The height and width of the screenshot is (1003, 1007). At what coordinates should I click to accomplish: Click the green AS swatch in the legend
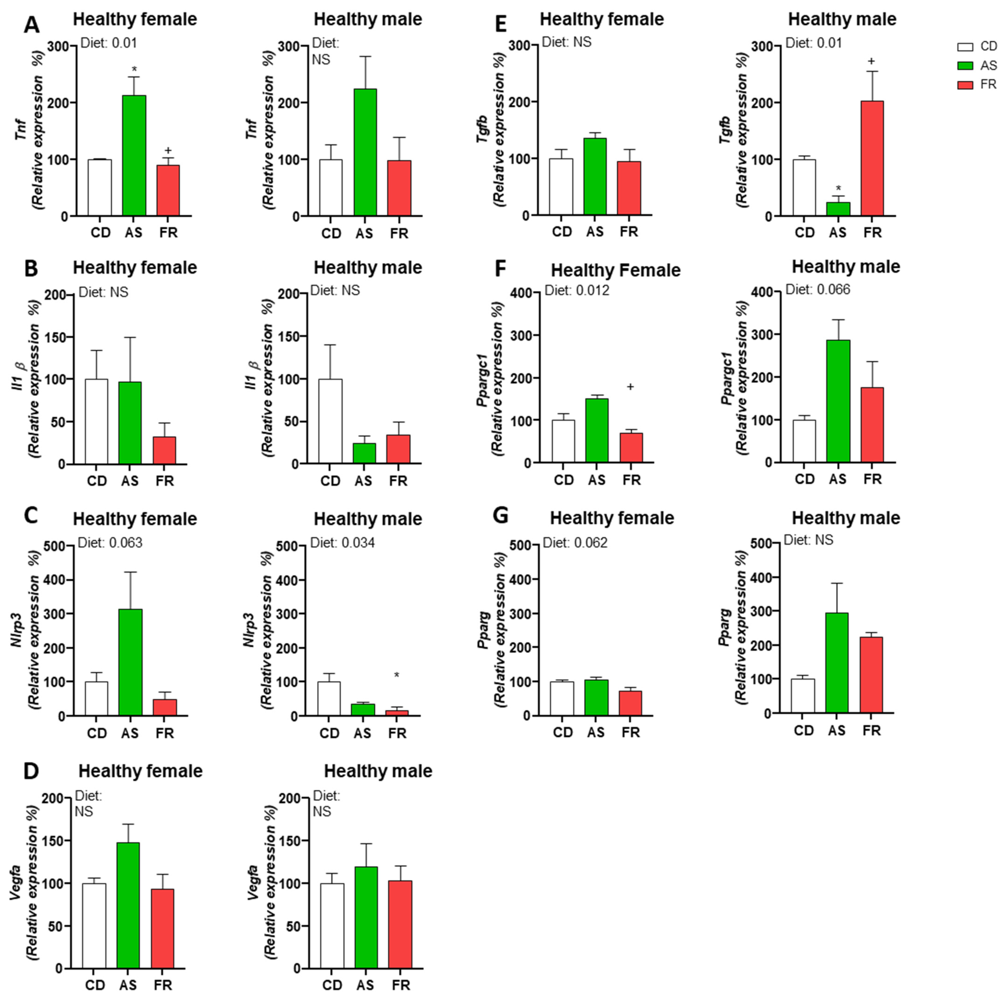pos(965,66)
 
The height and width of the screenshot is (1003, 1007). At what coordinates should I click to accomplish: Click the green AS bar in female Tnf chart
pos(134,155)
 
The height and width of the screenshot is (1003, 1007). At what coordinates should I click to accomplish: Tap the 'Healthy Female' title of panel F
pos(616,271)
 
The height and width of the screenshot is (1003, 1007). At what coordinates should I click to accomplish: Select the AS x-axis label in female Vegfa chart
pos(128,985)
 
